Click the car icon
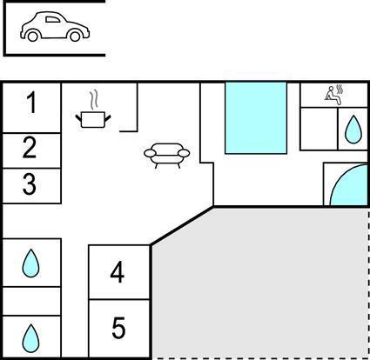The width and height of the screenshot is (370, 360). tap(55, 27)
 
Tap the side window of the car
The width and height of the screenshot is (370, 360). tap(53, 20)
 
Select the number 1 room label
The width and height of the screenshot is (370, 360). tap(32, 102)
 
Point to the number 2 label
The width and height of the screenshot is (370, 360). tap(30, 148)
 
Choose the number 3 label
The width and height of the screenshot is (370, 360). tap(30, 183)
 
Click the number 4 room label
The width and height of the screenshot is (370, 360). tap(118, 272)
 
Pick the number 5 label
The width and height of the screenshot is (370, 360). tap(118, 328)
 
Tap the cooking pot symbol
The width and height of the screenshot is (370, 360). tap(93, 120)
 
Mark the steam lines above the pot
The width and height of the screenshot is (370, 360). tap(93, 100)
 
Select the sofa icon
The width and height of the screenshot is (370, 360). tap(167, 156)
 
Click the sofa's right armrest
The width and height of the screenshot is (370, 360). tap(184, 153)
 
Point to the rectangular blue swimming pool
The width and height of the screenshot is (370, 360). tap(256, 117)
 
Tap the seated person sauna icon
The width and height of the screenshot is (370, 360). tap(334, 95)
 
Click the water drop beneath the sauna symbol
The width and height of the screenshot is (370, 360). tap(353, 130)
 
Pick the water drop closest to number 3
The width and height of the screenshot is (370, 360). tap(30, 263)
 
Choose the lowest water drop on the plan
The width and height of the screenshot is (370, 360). tap(30, 338)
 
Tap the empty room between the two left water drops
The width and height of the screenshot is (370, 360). tap(31, 301)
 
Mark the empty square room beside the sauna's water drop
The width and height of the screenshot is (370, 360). tap(319, 129)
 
